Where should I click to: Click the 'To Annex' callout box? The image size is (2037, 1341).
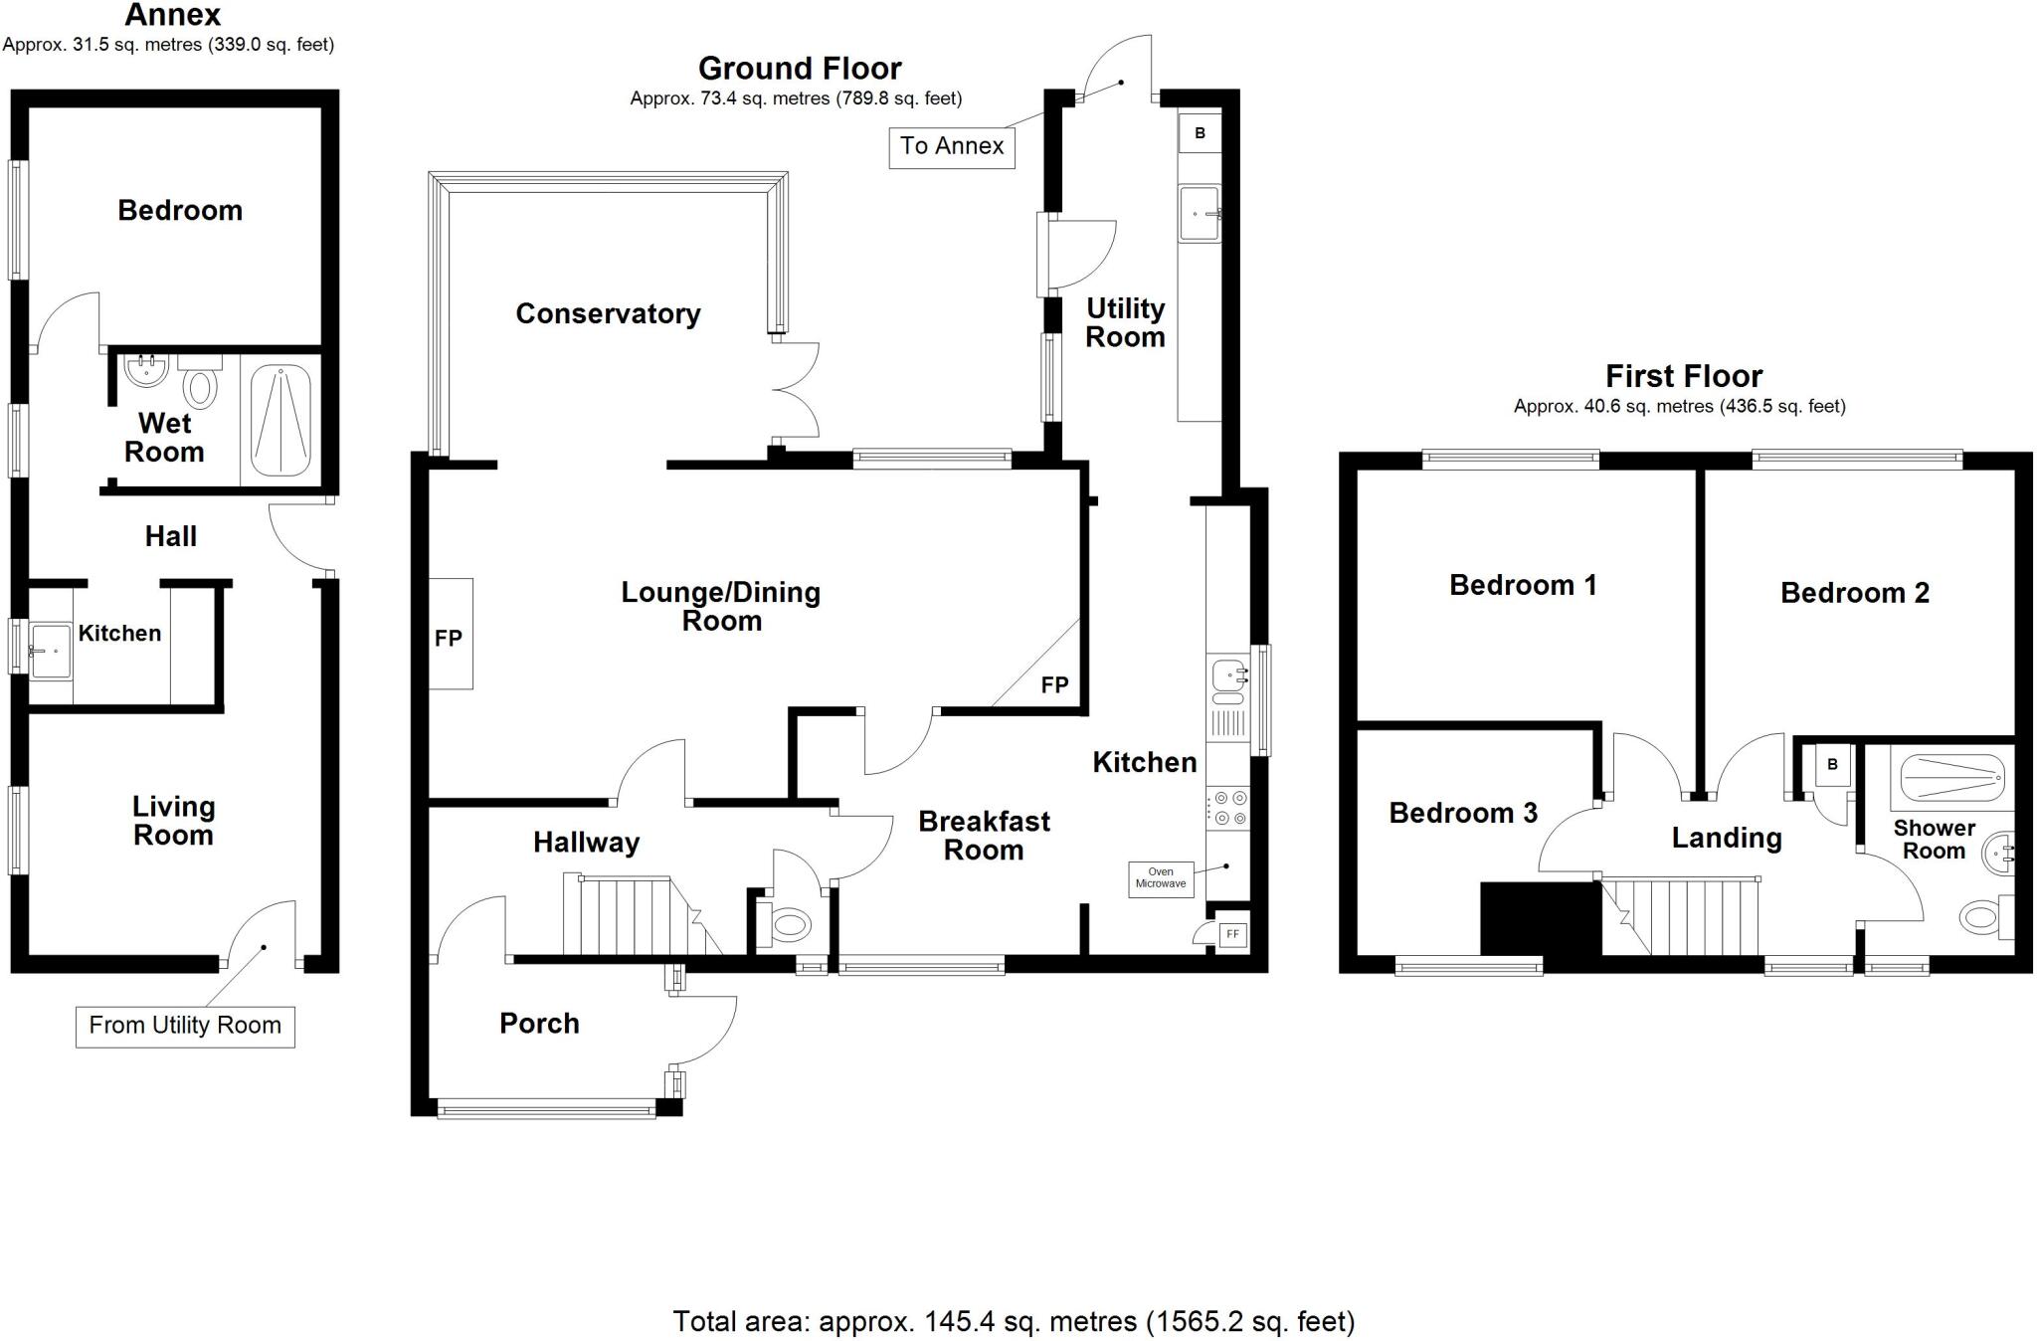[x=951, y=147]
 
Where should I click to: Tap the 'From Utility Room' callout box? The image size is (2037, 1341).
[x=185, y=1026]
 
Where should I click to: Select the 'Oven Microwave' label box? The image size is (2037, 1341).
[x=1161, y=878]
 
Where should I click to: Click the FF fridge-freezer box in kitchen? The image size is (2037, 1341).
[x=1232, y=935]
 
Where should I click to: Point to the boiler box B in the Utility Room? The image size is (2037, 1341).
[x=1200, y=133]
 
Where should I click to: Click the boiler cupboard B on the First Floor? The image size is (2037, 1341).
[x=1832, y=765]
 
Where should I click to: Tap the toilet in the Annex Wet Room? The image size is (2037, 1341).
[x=200, y=385]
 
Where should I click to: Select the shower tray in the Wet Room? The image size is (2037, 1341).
[x=280, y=421]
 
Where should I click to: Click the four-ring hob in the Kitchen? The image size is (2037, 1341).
[x=1226, y=808]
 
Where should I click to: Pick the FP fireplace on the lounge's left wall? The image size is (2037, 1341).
[x=451, y=635]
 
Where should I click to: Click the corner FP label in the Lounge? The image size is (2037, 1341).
[x=1054, y=684]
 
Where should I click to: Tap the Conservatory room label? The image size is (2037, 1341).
[x=608, y=314]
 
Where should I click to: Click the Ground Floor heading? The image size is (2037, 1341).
[x=799, y=69]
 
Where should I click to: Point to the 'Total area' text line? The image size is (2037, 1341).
[x=1014, y=1321]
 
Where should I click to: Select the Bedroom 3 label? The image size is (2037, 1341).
[x=1462, y=814]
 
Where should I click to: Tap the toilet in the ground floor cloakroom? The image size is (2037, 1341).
[x=788, y=925]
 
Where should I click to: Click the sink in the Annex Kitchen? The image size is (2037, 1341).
[x=50, y=652]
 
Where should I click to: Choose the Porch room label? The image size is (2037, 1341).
[x=539, y=1024]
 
